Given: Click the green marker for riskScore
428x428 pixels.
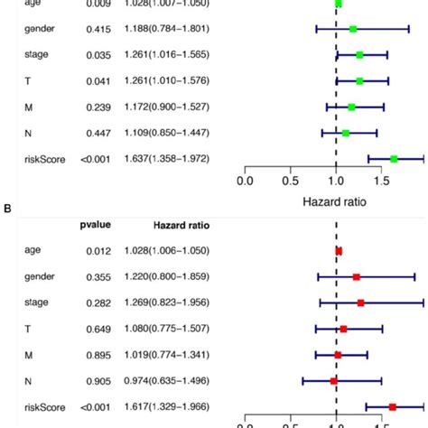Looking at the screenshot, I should click(394, 159).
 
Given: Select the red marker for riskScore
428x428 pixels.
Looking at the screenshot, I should click(392, 407).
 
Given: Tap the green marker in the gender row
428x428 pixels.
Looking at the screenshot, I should click(353, 29).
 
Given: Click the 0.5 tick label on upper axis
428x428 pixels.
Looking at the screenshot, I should click(290, 181).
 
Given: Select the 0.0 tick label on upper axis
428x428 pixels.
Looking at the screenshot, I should click(244, 181).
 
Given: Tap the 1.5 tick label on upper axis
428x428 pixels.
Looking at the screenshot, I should click(382, 181).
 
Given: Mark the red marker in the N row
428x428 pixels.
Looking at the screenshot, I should click(334, 381).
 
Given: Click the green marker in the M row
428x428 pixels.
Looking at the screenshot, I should click(351, 107).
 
